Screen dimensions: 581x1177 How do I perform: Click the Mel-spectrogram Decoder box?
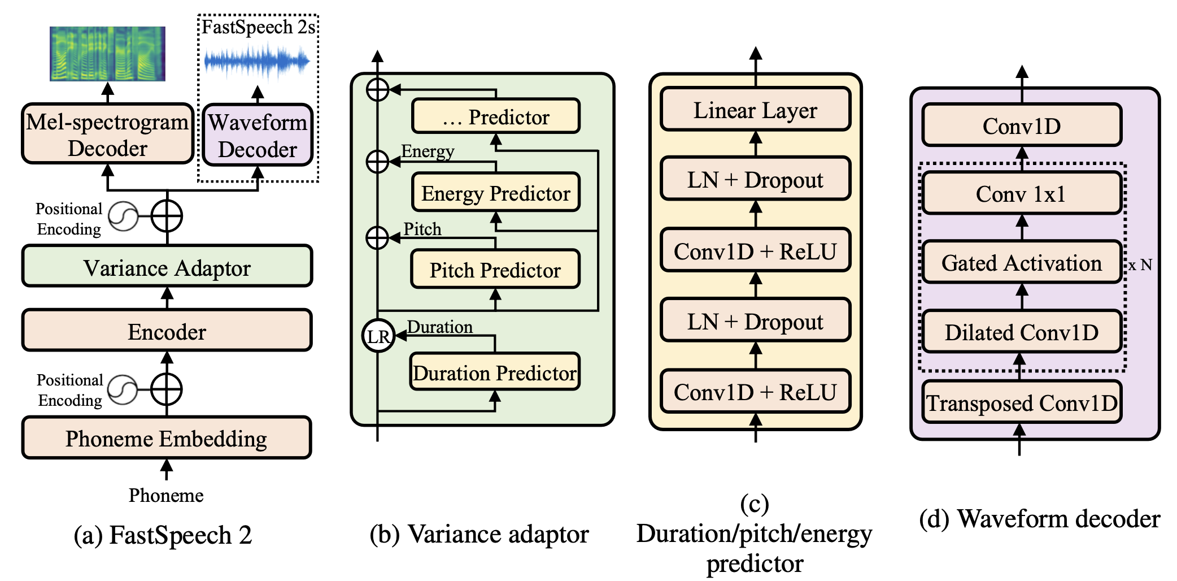point(107,134)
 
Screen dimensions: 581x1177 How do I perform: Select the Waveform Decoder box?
point(258,135)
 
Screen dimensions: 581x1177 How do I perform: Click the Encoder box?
point(167,331)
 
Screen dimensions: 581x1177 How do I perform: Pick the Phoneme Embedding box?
point(167,438)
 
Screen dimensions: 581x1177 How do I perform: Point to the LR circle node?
point(378,336)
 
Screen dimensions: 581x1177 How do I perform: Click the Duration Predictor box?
point(495,372)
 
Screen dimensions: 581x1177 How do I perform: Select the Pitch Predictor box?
point(495,269)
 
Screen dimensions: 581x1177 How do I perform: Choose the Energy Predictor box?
point(495,193)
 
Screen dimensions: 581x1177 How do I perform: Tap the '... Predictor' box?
point(495,116)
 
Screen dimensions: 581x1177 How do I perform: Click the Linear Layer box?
point(755,110)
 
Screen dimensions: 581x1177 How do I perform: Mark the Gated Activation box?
point(1021,262)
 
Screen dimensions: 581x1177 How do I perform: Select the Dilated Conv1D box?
point(1021,332)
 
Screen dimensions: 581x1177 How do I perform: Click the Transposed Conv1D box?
point(1021,402)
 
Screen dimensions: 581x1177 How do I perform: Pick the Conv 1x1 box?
point(1021,193)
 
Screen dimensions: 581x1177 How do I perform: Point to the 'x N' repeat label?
point(1140,265)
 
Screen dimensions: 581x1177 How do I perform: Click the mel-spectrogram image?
point(107,54)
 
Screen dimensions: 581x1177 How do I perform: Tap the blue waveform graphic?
point(257,61)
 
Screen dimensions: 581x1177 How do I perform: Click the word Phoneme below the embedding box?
point(166,495)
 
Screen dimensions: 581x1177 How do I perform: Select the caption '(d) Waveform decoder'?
point(1039,518)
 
